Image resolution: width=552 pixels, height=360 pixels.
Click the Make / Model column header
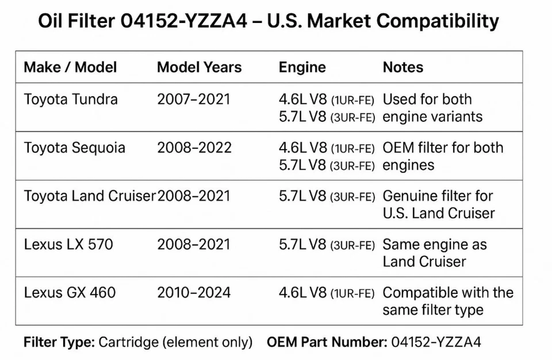(70, 67)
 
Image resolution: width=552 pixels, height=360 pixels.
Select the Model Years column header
(199, 67)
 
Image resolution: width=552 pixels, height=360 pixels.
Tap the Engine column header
(302, 67)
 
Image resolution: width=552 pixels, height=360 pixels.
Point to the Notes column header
(402, 67)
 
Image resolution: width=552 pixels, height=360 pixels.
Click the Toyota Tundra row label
(71, 99)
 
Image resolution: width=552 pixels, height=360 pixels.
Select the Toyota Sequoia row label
(74, 148)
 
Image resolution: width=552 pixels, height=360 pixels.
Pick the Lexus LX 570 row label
(68, 244)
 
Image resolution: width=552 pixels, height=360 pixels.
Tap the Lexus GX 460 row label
(70, 293)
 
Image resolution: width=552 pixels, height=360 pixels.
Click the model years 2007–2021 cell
(193, 99)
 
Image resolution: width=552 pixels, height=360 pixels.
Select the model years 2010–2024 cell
(194, 293)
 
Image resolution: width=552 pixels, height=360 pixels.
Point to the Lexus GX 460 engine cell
(327, 293)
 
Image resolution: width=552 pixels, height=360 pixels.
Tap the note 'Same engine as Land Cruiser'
(435, 253)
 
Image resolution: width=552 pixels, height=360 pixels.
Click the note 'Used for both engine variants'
(432, 108)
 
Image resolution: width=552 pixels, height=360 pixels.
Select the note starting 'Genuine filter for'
(438, 205)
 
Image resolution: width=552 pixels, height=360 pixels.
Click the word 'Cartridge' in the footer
(128, 342)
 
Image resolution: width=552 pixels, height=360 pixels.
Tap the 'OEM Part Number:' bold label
(326, 342)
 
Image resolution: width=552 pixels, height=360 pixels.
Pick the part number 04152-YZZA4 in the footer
(436, 342)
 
